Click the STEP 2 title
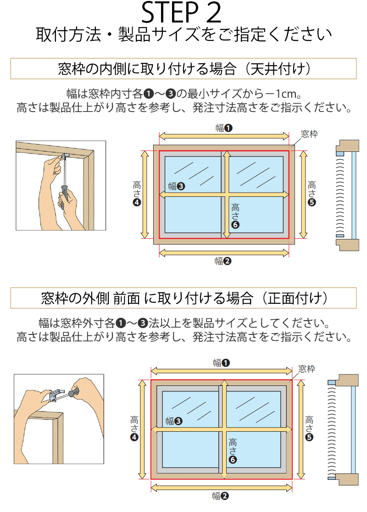(x=181, y=12)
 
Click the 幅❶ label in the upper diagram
(x=224, y=128)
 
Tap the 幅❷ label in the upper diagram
(x=223, y=261)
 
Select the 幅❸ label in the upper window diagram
(x=176, y=186)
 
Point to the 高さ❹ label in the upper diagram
(x=137, y=193)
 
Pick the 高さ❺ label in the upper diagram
(x=312, y=193)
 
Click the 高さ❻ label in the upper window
(x=235, y=216)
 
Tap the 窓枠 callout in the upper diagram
(x=309, y=134)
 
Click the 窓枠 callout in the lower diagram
(x=306, y=369)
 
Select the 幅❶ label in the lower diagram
(x=222, y=363)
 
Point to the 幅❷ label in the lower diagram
(x=220, y=496)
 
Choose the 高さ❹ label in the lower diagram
(x=134, y=429)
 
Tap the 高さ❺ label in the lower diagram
(x=309, y=429)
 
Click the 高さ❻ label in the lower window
(x=233, y=451)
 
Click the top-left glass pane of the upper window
(x=193, y=174)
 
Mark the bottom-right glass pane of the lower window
(x=254, y=449)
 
